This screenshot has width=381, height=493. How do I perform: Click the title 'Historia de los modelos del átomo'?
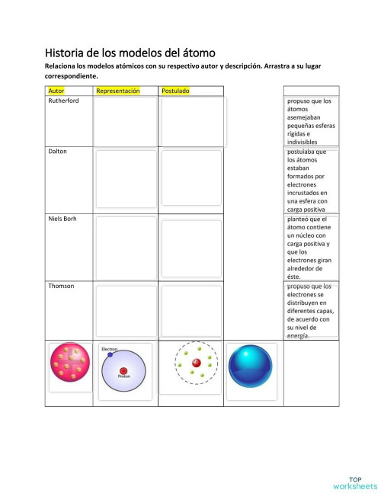click(130, 53)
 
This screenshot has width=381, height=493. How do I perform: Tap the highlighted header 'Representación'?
click(117, 91)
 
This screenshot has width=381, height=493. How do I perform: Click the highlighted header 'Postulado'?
click(175, 91)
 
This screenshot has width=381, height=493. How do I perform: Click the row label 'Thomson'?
click(61, 286)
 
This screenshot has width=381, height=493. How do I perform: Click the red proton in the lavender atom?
click(123, 371)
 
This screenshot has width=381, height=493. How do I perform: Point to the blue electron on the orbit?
click(110, 354)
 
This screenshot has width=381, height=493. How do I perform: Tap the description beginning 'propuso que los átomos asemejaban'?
click(311, 120)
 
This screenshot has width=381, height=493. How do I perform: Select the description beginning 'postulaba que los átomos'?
click(311, 181)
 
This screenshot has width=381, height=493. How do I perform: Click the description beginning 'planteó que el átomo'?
click(311, 248)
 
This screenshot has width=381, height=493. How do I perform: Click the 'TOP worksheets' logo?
click(354, 483)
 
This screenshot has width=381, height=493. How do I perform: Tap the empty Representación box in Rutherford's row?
click(125, 122)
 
